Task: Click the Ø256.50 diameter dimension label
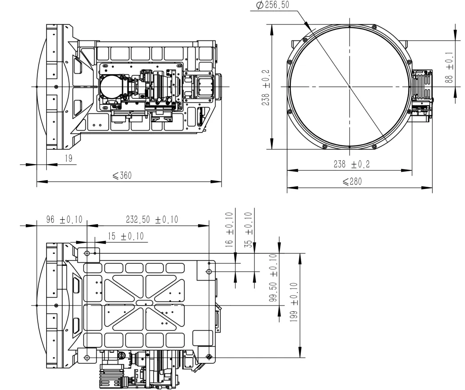(x=272, y=5)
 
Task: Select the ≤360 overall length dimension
(x=122, y=176)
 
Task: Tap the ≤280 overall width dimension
(x=352, y=181)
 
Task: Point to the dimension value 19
(x=68, y=158)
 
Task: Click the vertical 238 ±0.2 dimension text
(x=266, y=88)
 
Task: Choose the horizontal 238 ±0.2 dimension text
(x=352, y=164)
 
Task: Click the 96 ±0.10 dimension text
(x=64, y=220)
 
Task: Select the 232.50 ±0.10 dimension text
(x=152, y=220)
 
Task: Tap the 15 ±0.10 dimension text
(x=126, y=236)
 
